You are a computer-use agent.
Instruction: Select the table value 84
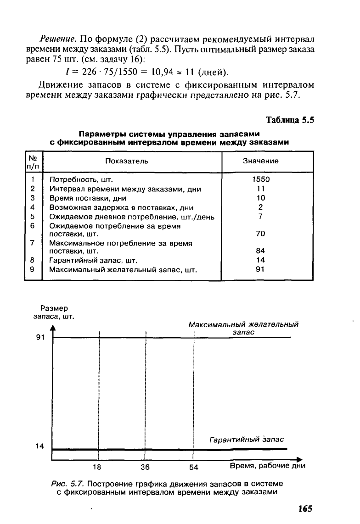[260, 251]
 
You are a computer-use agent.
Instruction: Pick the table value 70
[260, 234]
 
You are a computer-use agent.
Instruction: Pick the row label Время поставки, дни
[88, 198]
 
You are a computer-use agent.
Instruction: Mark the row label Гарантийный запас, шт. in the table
[94, 260]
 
